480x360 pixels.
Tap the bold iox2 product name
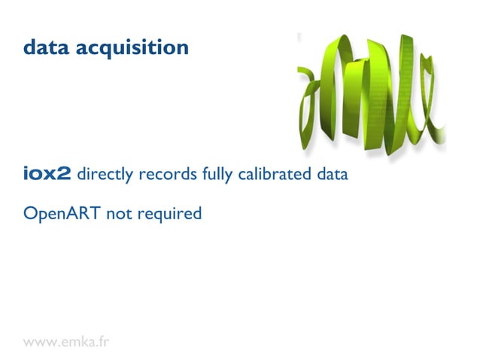coord(47,175)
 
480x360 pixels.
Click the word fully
coord(218,175)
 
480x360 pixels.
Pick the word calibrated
coord(275,175)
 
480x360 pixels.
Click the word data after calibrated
coord(332,175)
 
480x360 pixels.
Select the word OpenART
coord(62,214)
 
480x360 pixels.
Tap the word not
coord(119,214)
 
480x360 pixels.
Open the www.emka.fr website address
coord(66,342)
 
